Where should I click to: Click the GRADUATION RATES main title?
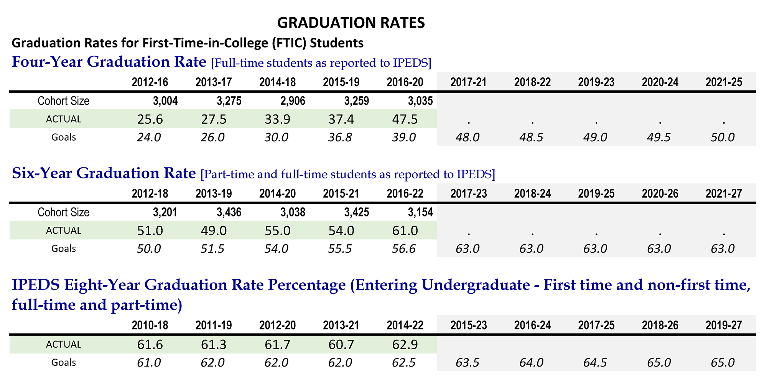pos(351,23)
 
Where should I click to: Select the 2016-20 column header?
pos(405,82)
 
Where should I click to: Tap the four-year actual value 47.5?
pos(405,119)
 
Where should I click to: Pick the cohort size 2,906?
pos(293,101)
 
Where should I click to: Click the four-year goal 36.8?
pos(340,137)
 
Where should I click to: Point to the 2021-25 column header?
pos(724,82)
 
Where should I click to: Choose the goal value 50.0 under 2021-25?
pos(723,137)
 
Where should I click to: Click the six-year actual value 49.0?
pos(214,231)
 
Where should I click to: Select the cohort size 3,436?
pos(229,213)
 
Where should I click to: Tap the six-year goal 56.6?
pos(404,249)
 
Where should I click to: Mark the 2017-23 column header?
pos(469,194)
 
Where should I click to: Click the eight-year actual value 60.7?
pos(341,345)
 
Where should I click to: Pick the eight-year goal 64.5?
pos(595,363)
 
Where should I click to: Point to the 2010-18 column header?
pos(150,326)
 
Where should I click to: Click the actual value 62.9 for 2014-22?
pos(405,345)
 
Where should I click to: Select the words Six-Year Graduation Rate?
pos(104,173)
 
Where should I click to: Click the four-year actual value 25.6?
pos(150,119)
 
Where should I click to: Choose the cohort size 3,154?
pos(420,213)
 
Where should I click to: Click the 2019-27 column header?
pos(724,326)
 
